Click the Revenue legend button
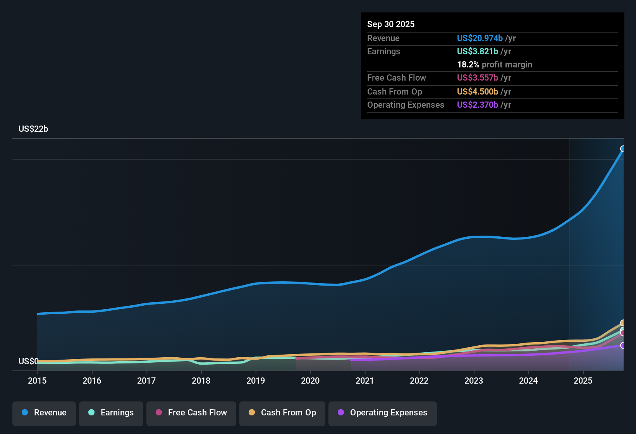[x=44, y=413]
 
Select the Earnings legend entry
[x=111, y=413]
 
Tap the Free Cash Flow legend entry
[x=191, y=413]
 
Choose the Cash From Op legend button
[x=282, y=413]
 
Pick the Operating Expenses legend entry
[x=383, y=413]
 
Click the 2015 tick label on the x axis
[x=37, y=381]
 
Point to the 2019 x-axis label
[x=256, y=381]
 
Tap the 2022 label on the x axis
[x=419, y=381]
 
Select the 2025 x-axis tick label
[x=583, y=381]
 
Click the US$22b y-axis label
[x=33, y=129]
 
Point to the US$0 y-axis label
[x=28, y=362]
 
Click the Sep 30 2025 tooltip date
[x=391, y=24]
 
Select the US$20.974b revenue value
[x=480, y=38]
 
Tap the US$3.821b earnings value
[x=478, y=52]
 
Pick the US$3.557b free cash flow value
[x=478, y=78]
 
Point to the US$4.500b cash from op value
[x=478, y=92]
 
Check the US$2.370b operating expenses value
[x=478, y=105]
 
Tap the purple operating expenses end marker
[x=623, y=345]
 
